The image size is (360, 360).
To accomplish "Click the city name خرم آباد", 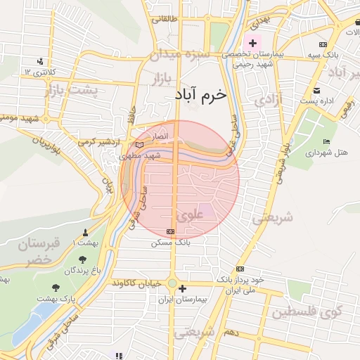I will click(x=201, y=95).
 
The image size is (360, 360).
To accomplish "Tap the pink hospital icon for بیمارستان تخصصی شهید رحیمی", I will click(x=252, y=44).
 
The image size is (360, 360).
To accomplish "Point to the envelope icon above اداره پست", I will click(x=316, y=90).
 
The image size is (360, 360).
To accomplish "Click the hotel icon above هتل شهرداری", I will click(x=326, y=142).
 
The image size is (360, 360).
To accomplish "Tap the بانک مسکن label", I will click(x=170, y=242).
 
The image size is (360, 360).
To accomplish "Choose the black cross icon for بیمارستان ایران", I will click(x=183, y=288).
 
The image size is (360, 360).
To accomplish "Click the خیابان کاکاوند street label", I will click(x=136, y=283).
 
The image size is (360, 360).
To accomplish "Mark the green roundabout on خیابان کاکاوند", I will click(x=172, y=283).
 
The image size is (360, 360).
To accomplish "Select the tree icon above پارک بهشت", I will click(x=56, y=288).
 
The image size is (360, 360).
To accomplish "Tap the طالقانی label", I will click(x=166, y=19).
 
